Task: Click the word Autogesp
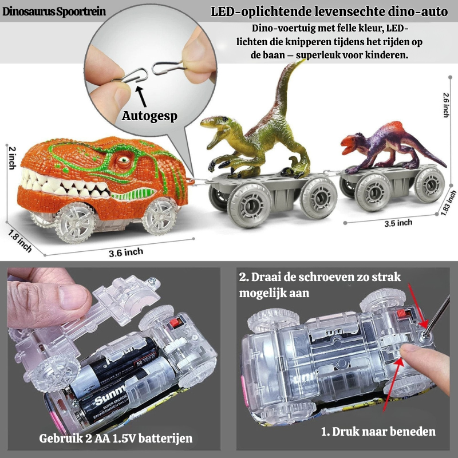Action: [149, 115]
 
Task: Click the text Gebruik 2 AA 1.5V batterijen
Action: [115, 439]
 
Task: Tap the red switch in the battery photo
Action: [173, 323]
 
